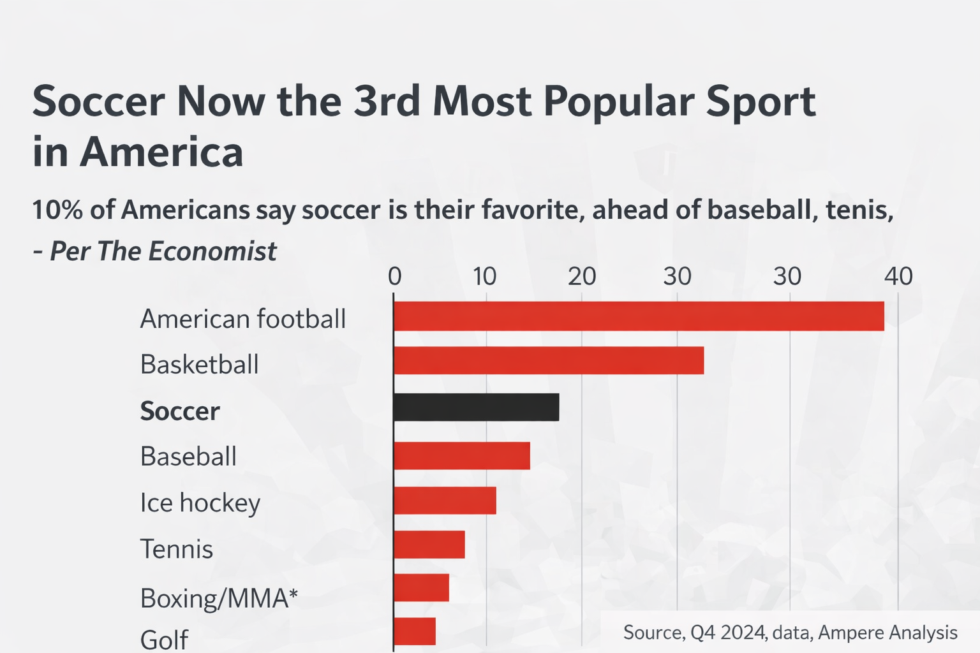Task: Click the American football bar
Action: pyautogui.click(x=638, y=316)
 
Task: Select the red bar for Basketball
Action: pyautogui.click(x=549, y=361)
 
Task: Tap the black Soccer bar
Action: pyautogui.click(x=476, y=407)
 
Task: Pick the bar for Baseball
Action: pyautogui.click(x=462, y=455)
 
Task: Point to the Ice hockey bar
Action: pyautogui.click(x=445, y=500)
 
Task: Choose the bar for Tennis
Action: pyautogui.click(x=429, y=545)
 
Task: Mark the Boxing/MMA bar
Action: pyautogui.click(x=421, y=588)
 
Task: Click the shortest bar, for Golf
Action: pyautogui.click(x=415, y=631)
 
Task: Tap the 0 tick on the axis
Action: pyautogui.click(x=394, y=276)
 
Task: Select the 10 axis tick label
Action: pyautogui.click(x=485, y=276)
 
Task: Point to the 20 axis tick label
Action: pyautogui.click(x=581, y=276)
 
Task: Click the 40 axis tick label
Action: pyautogui.click(x=898, y=276)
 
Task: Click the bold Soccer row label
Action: pyautogui.click(x=179, y=411)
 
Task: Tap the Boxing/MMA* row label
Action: pyautogui.click(x=219, y=599)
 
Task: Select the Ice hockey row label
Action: pyautogui.click(x=200, y=503)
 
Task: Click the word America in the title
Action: pyautogui.click(x=161, y=152)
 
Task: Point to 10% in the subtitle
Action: pyautogui.click(x=57, y=210)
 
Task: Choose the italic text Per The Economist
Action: pyautogui.click(x=163, y=251)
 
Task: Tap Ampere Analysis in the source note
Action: pyautogui.click(x=887, y=633)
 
